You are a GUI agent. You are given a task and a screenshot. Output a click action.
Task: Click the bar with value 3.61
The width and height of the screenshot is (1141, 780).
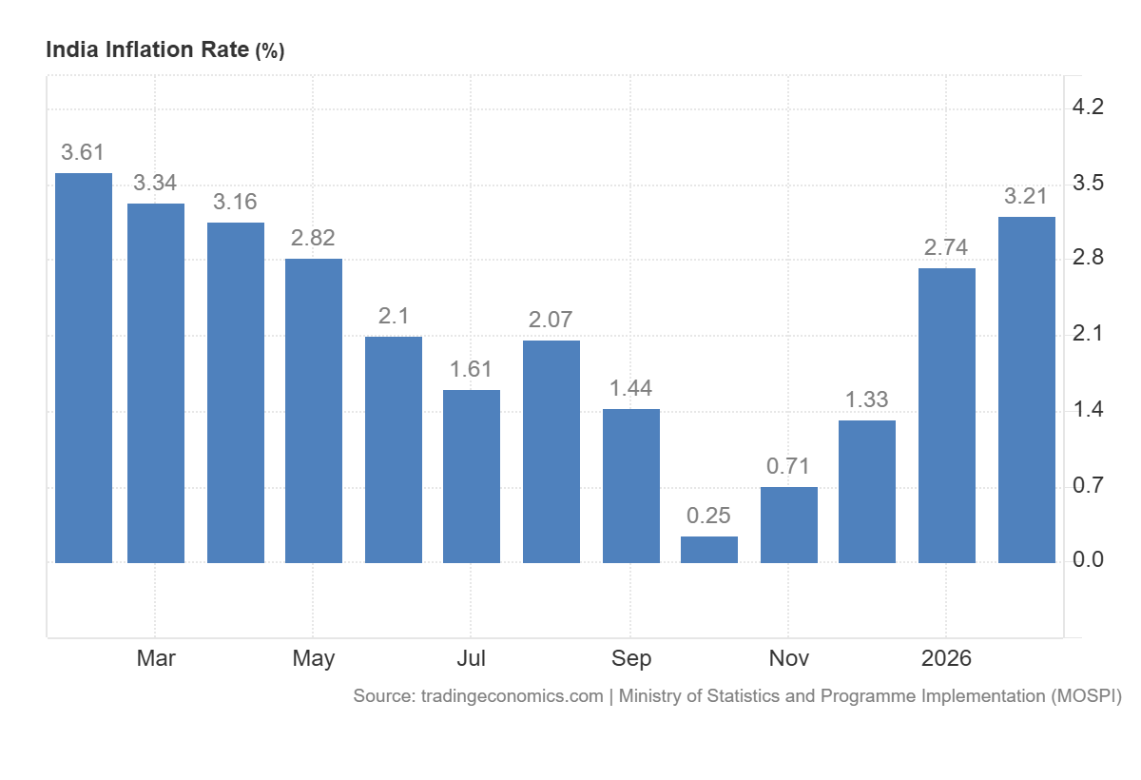tap(84, 368)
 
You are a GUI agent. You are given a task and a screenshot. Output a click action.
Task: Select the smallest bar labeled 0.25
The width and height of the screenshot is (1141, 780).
tap(709, 550)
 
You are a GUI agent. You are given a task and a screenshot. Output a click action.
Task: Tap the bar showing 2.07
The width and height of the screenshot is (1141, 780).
tap(551, 452)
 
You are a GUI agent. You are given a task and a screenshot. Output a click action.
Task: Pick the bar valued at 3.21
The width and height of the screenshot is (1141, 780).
tap(1027, 390)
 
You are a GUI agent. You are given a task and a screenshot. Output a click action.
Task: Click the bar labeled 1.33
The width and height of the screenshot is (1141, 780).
tap(867, 492)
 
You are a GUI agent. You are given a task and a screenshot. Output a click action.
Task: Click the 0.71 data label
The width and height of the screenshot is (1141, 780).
tap(788, 467)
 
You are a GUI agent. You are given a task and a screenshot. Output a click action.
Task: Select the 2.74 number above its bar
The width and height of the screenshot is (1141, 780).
tap(946, 248)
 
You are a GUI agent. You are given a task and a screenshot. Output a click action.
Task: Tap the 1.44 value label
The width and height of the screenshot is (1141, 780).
tap(630, 389)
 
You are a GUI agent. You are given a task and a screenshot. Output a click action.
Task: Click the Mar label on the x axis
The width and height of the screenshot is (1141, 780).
tap(156, 658)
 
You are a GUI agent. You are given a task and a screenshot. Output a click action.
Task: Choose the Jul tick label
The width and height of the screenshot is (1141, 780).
tap(472, 658)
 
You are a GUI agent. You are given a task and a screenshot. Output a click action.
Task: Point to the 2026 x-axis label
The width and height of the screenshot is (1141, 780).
tap(946, 658)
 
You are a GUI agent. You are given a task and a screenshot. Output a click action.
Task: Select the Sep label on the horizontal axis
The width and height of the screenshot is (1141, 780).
tap(630, 658)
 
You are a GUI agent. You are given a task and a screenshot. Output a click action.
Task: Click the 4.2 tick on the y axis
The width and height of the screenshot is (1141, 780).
tap(1088, 107)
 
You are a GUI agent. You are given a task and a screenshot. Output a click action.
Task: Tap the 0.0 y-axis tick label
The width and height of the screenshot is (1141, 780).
tap(1088, 560)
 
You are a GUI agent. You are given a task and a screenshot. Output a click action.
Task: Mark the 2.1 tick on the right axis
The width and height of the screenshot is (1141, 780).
tap(1088, 334)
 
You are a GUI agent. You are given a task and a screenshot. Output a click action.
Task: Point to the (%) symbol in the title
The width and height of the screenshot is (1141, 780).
tap(269, 51)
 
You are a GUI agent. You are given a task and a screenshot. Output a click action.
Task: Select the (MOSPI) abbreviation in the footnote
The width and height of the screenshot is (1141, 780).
tap(1086, 696)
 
